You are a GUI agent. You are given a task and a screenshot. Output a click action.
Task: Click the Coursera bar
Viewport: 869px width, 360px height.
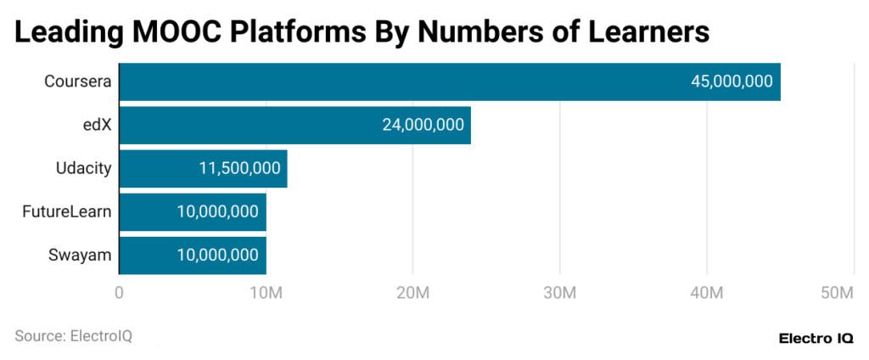[x=450, y=82]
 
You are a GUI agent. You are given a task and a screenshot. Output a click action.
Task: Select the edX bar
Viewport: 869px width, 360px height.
[x=294, y=125]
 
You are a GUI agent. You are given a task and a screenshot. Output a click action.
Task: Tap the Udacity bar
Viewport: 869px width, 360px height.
[x=203, y=168]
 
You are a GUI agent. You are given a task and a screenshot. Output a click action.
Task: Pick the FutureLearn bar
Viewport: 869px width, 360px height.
[x=193, y=211]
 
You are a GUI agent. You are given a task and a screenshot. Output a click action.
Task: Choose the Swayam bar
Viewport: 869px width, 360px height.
[x=193, y=255]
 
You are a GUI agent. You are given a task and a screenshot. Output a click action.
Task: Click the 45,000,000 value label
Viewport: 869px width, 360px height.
[x=732, y=82]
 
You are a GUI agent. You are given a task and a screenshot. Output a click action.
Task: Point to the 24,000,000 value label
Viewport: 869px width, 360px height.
[x=423, y=125]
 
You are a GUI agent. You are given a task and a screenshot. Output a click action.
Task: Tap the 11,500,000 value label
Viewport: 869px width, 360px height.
[x=239, y=168]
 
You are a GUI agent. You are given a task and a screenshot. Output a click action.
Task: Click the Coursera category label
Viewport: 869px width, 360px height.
[x=78, y=82]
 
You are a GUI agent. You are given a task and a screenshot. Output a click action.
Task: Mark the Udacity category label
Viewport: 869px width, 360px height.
[x=83, y=168]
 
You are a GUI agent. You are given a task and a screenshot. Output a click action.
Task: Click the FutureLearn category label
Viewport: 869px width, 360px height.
[x=67, y=211]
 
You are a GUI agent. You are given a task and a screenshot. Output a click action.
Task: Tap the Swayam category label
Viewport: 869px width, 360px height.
[x=82, y=255]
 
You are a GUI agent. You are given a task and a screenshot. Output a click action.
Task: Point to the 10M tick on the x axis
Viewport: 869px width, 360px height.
[x=266, y=293]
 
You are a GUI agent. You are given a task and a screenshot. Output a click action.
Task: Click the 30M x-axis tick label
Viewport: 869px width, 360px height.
[x=559, y=293]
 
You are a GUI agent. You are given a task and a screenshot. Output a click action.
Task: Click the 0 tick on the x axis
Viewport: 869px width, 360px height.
[x=119, y=293]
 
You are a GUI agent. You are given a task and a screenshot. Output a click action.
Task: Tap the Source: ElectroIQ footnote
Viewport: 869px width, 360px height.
[x=73, y=335]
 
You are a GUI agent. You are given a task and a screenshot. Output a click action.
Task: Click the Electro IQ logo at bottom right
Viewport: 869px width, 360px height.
[x=816, y=338]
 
